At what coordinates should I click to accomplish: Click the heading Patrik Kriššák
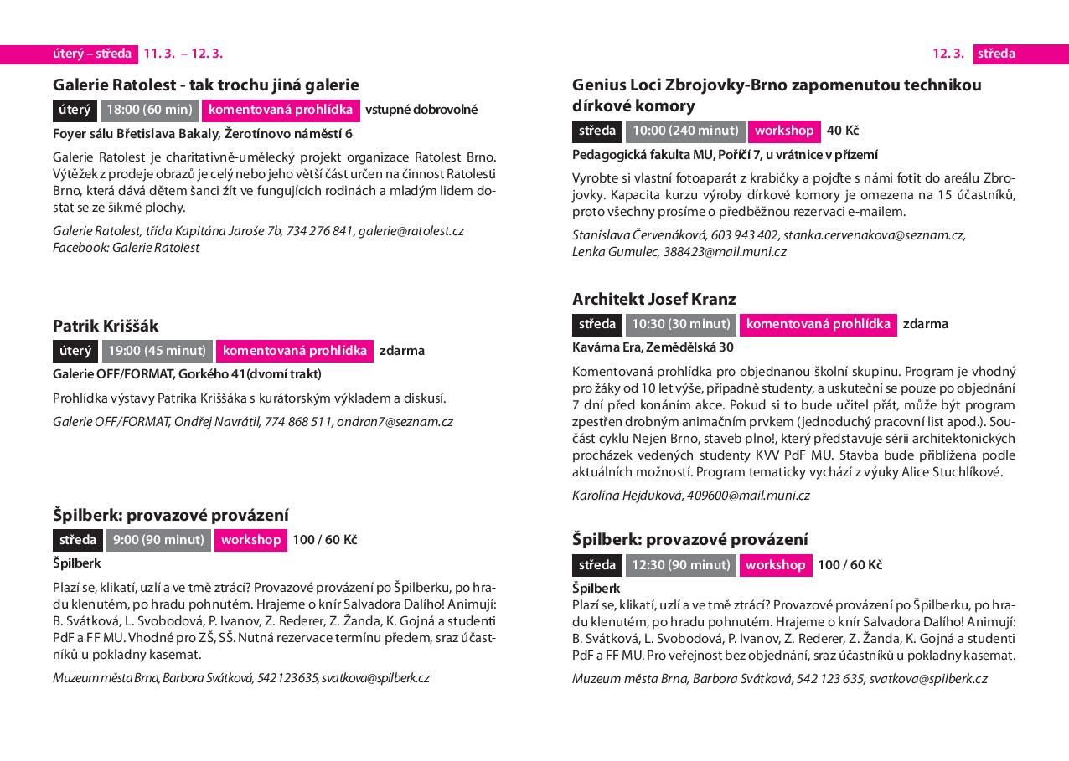click(x=106, y=326)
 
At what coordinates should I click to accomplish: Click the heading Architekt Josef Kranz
click(x=653, y=299)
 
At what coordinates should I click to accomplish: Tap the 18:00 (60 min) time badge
click(x=149, y=110)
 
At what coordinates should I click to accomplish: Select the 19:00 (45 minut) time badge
click(x=157, y=351)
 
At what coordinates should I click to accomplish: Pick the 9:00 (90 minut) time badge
click(x=158, y=540)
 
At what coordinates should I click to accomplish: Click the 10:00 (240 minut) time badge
click(x=684, y=131)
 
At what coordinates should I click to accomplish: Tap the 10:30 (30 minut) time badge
click(x=680, y=324)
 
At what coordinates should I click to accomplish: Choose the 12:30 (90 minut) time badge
click(x=680, y=565)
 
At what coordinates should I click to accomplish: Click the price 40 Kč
click(x=843, y=131)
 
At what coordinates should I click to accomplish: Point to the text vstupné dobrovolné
click(x=421, y=110)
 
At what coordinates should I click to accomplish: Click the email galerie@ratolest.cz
click(x=411, y=231)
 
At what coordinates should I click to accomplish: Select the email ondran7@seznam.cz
click(x=395, y=422)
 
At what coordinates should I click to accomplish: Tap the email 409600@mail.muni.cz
click(x=748, y=496)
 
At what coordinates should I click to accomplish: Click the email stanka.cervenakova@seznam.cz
click(x=874, y=235)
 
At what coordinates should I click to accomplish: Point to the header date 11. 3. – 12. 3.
click(x=183, y=54)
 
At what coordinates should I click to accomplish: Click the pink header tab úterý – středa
click(x=92, y=54)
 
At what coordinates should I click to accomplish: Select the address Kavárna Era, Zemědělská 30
click(x=653, y=347)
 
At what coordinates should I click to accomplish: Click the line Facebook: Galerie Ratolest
click(x=127, y=248)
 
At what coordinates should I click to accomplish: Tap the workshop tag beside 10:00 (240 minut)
click(x=783, y=131)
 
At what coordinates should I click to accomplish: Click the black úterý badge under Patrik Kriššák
click(x=75, y=351)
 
